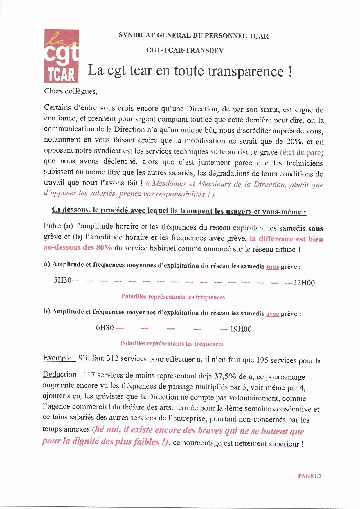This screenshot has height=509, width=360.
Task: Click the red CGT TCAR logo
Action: coord(61,56)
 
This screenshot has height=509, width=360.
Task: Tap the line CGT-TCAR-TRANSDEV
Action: coord(185,50)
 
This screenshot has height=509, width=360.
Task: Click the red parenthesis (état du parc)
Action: coord(301,153)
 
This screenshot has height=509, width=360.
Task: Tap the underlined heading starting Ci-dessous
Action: coord(179,211)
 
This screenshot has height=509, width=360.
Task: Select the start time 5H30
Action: coord(62,281)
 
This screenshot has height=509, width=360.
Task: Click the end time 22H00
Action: coord(304,283)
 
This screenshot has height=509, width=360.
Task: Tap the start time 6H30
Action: coord(105,328)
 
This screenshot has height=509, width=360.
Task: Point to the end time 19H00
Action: coord(241,329)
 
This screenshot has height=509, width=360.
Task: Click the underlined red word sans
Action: coord(272,266)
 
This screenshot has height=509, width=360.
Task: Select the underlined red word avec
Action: coord(272,314)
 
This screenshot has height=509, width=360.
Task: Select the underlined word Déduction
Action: coord(62,374)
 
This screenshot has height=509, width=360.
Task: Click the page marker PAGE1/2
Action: coord(309,476)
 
